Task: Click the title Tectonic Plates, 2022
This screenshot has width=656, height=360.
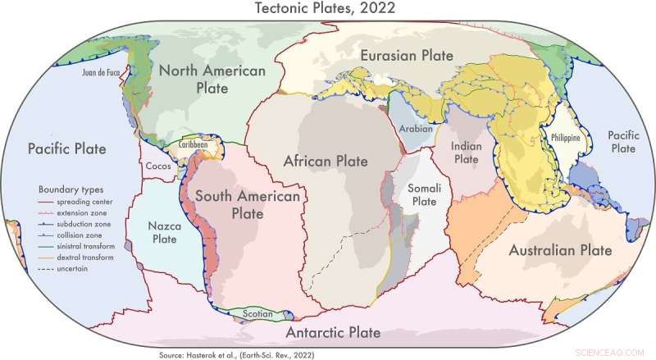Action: [328, 10]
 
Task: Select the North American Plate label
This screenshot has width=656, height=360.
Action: [212, 80]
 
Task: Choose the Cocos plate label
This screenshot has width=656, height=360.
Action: [158, 166]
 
